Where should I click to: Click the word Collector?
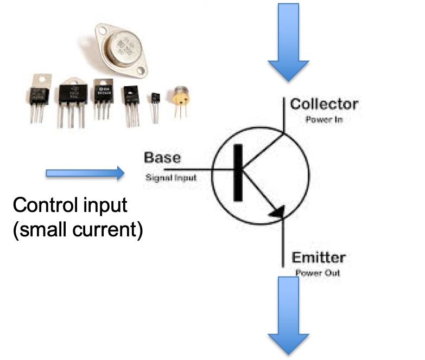coord(324,104)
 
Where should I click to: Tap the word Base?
coord(162,158)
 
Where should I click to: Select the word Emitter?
coord(319,257)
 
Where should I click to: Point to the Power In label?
coord(324,119)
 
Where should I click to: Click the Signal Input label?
coord(171,177)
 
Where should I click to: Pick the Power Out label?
coord(318,273)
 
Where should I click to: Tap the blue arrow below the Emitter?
coord(288,314)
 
